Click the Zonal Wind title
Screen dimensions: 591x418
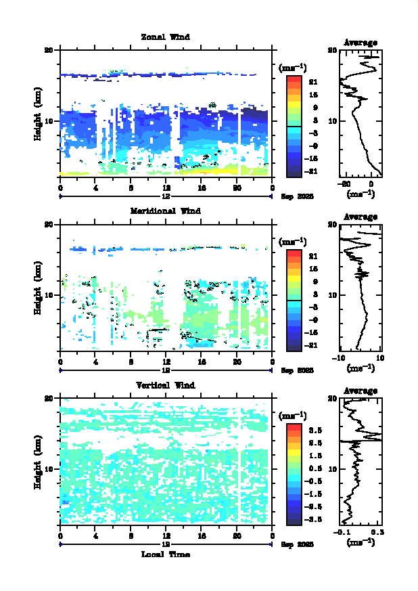166,37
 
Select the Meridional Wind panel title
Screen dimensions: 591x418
166,211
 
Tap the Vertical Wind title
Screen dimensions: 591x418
166,385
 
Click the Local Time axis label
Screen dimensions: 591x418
166,554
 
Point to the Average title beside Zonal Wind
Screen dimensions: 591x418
361,43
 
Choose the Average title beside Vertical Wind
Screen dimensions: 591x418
361,391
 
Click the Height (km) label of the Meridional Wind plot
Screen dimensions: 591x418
39,293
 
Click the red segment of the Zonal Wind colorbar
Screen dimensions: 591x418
294,80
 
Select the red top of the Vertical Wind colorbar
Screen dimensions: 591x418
294,428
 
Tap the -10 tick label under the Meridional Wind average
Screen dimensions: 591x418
342,358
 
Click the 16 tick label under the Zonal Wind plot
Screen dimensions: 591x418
202,188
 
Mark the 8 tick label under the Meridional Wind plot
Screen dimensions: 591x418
131,363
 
